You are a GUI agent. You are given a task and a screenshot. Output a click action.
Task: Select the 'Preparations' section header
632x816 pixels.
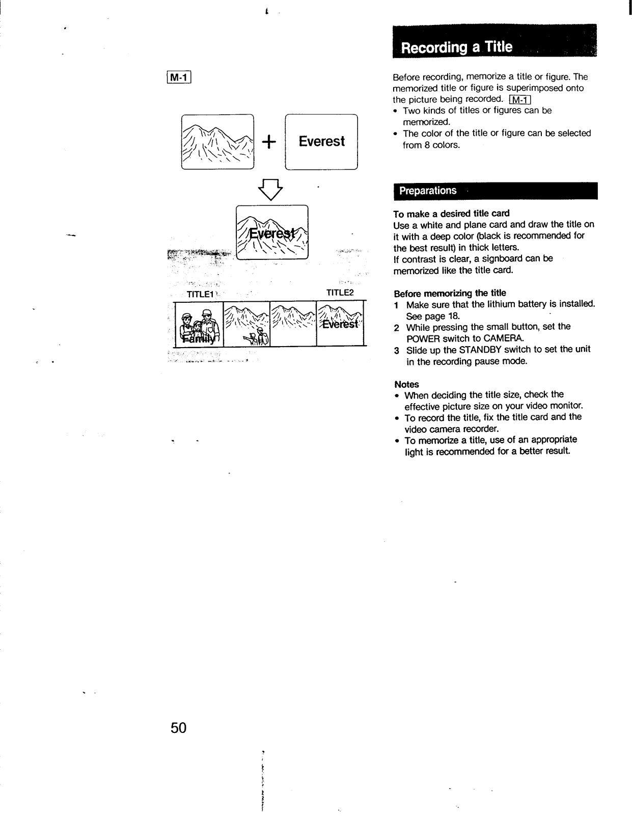(x=495, y=191)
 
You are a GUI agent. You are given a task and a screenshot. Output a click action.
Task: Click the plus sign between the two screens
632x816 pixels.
(x=270, y=142)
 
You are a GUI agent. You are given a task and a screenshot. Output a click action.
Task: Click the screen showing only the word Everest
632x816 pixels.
(x=321, y=142)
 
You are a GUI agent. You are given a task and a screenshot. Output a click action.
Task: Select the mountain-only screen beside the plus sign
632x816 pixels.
(x=217, y=142)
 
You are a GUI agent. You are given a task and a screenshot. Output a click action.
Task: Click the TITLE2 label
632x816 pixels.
(x=340, y=293)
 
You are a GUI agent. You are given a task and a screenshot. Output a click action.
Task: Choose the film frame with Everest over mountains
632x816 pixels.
(x=341, y=324)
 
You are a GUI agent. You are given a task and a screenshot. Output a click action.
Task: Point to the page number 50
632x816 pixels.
(x=179, y=728)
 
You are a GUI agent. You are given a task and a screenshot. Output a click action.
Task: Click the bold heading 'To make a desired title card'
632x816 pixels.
(x=451, y=213)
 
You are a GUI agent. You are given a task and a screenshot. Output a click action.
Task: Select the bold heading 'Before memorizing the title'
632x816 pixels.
(x=450, y=293)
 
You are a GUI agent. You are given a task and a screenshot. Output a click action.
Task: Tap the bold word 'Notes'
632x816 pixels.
(x=406, y=384)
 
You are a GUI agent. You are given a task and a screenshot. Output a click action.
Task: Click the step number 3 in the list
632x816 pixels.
(x=396, y=350)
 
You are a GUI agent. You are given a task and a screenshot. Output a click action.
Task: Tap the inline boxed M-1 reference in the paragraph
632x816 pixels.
(x=519, y=99)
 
